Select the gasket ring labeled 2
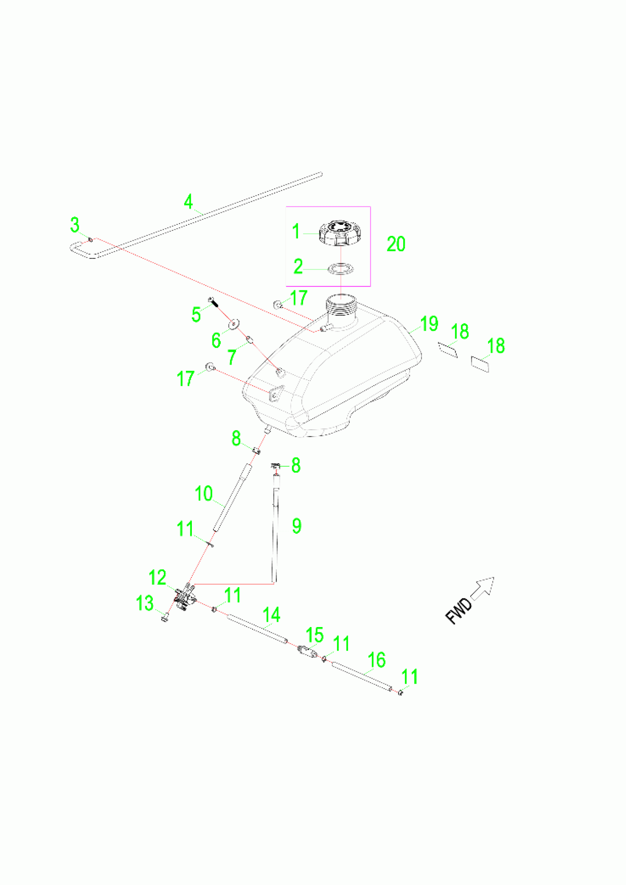[341, 269]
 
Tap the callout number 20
[396, 244]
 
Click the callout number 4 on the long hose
[188, 202]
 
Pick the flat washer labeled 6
[234, 324]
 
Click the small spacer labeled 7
[250, 339]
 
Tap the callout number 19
[429, 323]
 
